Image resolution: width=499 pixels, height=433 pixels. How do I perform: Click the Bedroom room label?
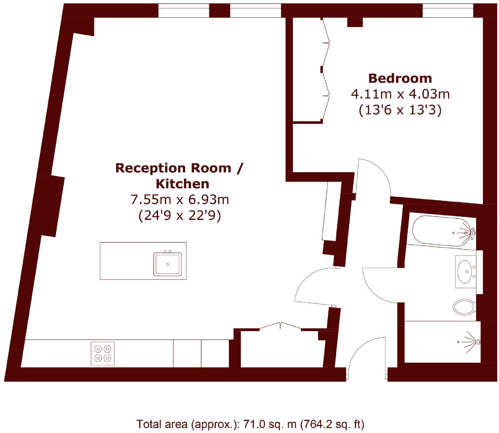400,78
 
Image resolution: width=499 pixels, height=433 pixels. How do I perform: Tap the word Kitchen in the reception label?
182,184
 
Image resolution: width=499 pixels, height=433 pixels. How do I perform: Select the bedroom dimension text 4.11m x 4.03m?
400,94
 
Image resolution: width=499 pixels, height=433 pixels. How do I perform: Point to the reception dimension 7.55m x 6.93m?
180,199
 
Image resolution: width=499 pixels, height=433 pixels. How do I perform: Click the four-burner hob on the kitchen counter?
103,353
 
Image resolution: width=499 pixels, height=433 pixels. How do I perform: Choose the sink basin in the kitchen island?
168,264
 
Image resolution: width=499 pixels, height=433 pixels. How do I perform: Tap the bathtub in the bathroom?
441,231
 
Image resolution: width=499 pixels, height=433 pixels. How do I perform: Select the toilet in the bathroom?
463,307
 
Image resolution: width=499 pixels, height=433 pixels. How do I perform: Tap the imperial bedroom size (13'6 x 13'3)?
400,110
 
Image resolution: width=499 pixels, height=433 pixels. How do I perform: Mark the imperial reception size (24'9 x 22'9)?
180,216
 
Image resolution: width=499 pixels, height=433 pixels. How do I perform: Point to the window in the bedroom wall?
448,11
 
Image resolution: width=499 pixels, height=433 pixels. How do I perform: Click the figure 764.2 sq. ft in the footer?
332,424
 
